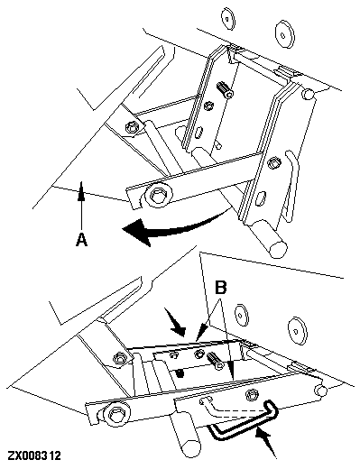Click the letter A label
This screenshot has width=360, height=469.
pos(81,241)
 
